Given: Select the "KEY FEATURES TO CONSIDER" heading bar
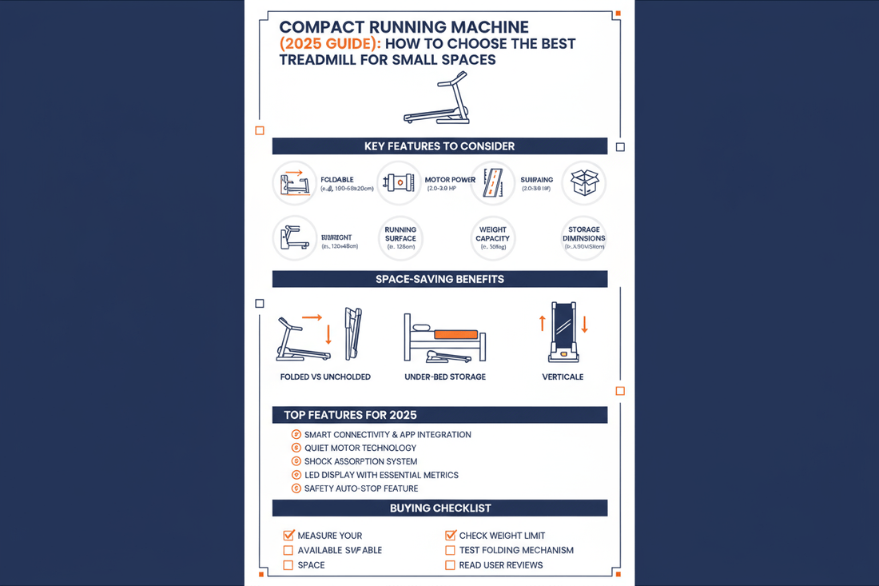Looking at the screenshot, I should (x=439, y=146).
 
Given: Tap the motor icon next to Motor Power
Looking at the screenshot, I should (x=398, y=183).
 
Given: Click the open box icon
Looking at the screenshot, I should (x=584, y=183).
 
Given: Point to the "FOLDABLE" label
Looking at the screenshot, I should (x=337, y=180).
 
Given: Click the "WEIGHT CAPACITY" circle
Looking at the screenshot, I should (x=493, y=238).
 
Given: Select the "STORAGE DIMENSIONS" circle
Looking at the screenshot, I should (x=584, y=238).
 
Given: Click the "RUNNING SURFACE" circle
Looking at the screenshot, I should (x=400, y=238).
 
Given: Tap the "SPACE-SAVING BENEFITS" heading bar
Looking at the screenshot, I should (x=439, y=279).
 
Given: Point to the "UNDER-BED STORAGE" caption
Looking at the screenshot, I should (x=445, y=377).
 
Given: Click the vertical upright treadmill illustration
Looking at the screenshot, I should (x=563, y=331).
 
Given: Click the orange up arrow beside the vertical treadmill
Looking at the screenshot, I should (x=542, y=323).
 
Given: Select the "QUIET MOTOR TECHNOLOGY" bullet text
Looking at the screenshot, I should (x=360, y=448).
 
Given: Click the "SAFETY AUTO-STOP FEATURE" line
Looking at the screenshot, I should (x=361, y=488).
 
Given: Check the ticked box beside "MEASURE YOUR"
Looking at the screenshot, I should (x=288, y=536).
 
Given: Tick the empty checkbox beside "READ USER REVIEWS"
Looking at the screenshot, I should (x=450, y=565).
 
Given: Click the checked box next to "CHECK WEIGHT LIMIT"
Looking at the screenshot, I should (x=451, y=536).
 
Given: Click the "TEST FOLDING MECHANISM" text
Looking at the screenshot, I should (x=516, y=550).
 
